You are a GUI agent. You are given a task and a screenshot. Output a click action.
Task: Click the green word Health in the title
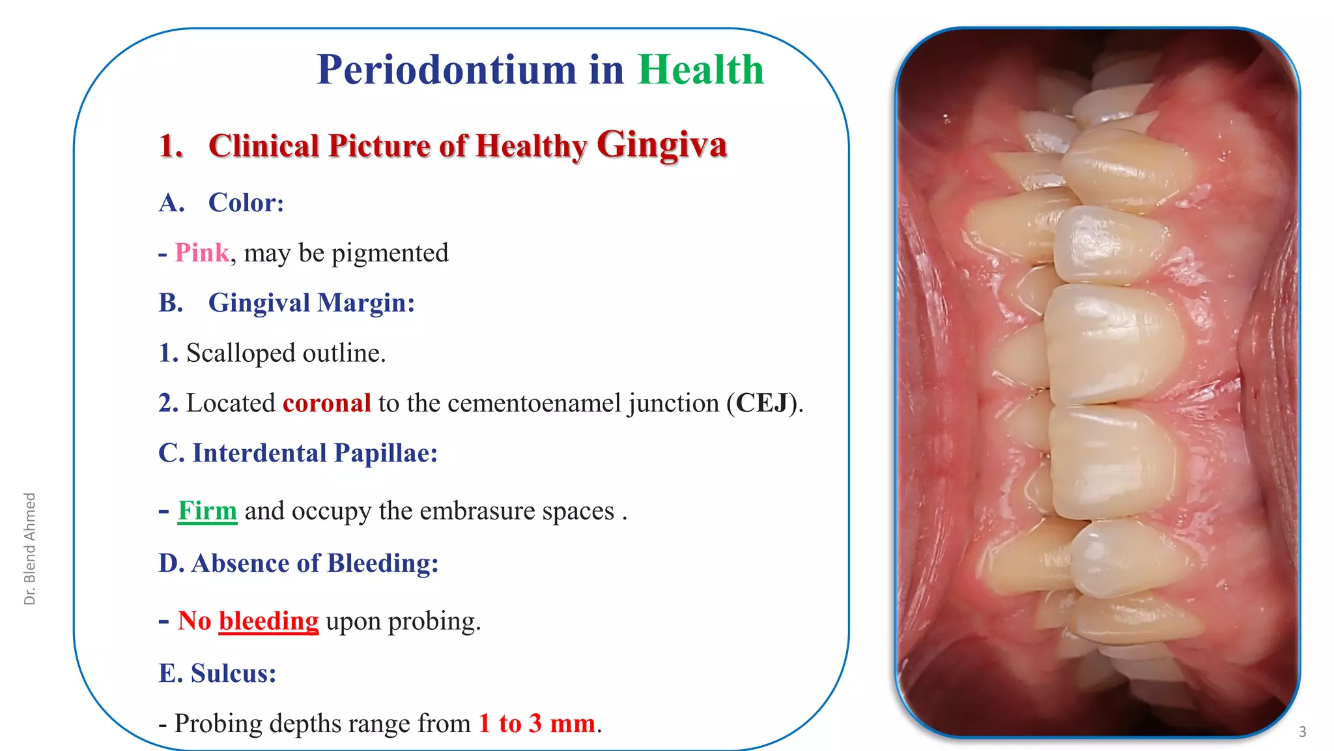701,69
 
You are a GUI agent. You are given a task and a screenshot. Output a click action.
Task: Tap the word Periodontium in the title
446,70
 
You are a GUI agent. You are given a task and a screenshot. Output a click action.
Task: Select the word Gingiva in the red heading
661,145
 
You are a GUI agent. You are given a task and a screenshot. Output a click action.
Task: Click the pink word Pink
202,253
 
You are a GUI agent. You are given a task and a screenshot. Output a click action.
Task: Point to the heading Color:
246,203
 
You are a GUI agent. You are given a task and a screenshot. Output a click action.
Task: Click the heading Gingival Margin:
311,303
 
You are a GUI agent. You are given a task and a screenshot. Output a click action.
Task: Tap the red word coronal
326,404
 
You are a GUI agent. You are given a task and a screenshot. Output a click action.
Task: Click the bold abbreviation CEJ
762,404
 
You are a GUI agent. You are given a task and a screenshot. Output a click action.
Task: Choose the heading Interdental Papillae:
298,453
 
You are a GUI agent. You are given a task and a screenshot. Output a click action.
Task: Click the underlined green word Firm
207,510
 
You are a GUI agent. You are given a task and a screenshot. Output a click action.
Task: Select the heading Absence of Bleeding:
298,563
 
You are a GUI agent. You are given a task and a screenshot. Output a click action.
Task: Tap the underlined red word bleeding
268,621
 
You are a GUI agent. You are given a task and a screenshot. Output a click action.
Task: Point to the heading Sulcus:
233,673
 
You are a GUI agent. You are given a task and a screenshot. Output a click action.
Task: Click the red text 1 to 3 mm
537,724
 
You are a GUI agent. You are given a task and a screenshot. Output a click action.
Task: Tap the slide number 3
1302,732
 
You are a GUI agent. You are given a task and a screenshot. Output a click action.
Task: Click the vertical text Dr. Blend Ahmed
30,548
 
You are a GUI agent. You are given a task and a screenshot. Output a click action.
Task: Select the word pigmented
390,254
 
